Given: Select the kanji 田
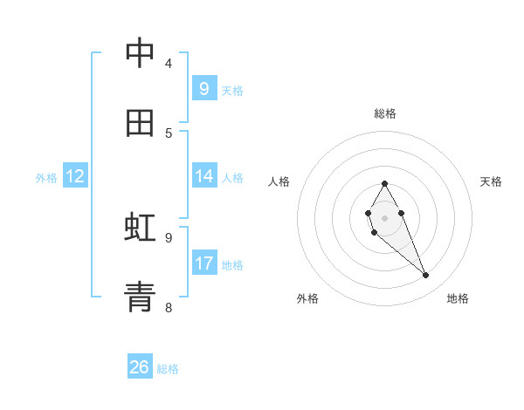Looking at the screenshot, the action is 140,123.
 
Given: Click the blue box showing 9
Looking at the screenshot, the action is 203,88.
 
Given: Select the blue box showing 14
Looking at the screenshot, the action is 203,176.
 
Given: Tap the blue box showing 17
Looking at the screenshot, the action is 203,263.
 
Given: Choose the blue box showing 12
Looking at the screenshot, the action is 75,176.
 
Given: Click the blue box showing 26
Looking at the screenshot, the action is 140,367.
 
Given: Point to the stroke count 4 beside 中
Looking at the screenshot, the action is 169,63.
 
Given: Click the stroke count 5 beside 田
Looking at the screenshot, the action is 169,133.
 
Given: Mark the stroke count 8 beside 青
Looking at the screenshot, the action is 169,307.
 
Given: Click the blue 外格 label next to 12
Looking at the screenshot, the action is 46,177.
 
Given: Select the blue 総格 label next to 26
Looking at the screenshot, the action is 168,369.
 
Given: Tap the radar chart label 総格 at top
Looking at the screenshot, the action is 384,113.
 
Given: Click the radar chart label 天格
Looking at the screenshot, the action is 491,181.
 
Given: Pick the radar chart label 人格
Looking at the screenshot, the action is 279,181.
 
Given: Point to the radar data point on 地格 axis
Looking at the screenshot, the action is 426,276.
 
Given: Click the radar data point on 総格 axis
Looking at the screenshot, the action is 384,183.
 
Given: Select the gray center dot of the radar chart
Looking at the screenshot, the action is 384,217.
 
